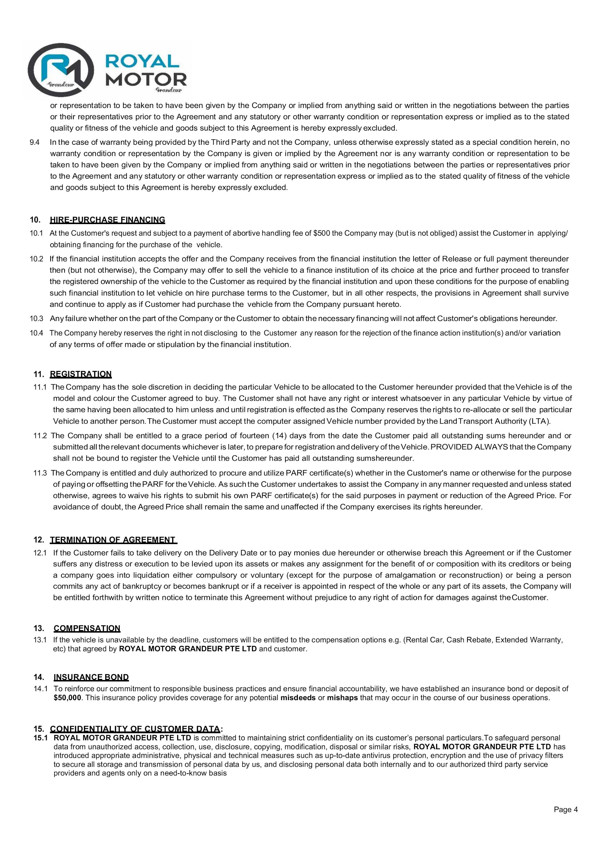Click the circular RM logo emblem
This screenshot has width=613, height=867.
pos(60,70)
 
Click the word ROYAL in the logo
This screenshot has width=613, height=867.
pos(142,61)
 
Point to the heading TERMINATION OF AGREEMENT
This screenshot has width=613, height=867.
pos(113,540)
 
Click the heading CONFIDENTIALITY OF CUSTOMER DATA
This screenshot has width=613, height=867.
pos(135,729)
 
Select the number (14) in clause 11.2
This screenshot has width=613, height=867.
pos(279,436)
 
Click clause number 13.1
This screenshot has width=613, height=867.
pos(40,640)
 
